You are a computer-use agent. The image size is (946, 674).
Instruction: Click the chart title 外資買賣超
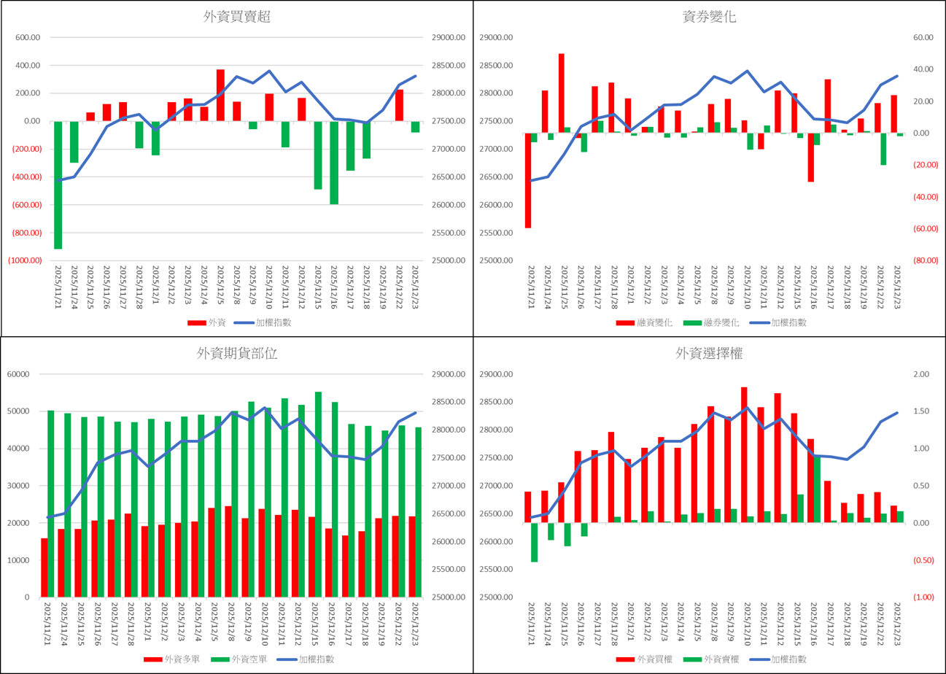[x=236, y=18]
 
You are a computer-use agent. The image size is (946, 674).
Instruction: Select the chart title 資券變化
[x=709, y=18]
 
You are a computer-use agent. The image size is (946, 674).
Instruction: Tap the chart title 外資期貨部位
[x=236, y=355]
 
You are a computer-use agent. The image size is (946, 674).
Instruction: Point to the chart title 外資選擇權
[x=709, y=355]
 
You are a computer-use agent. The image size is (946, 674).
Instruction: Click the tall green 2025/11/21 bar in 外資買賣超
[x=58, y=185]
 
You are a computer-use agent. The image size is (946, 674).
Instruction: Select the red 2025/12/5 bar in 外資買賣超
[x=220, y=95]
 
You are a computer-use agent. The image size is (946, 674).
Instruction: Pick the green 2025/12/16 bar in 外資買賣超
[x=333, y=163]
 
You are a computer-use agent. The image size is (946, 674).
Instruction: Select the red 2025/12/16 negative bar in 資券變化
[x=811, y=157]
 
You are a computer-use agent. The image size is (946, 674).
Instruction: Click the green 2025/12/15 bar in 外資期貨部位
[x=318, y=495]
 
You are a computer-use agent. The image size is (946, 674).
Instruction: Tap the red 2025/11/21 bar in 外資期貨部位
[x=44, y=568]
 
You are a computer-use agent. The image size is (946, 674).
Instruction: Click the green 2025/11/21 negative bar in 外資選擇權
[x=535, y=542]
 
